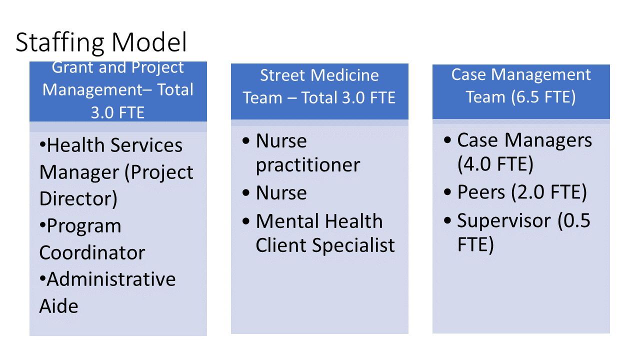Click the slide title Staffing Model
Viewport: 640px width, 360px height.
point(101,43)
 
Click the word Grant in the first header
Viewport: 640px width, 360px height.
point(72,67)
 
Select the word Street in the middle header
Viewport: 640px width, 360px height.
point(282,75)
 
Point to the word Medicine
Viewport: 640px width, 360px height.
point(344,75)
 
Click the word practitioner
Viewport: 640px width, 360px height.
point(308,165)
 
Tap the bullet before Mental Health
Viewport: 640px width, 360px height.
point(245,221)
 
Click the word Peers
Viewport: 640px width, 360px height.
point(481,192)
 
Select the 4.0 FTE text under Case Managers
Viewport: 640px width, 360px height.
point(495,164)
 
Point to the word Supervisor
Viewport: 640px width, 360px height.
point(504,221)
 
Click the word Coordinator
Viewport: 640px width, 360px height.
point(92,252)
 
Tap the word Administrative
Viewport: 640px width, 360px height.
point(111,279)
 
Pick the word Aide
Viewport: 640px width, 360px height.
point(58,306)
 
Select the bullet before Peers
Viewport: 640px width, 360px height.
point(447,191)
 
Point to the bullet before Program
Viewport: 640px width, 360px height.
point(42,225)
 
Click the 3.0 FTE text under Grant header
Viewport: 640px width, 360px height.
point(117,112)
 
